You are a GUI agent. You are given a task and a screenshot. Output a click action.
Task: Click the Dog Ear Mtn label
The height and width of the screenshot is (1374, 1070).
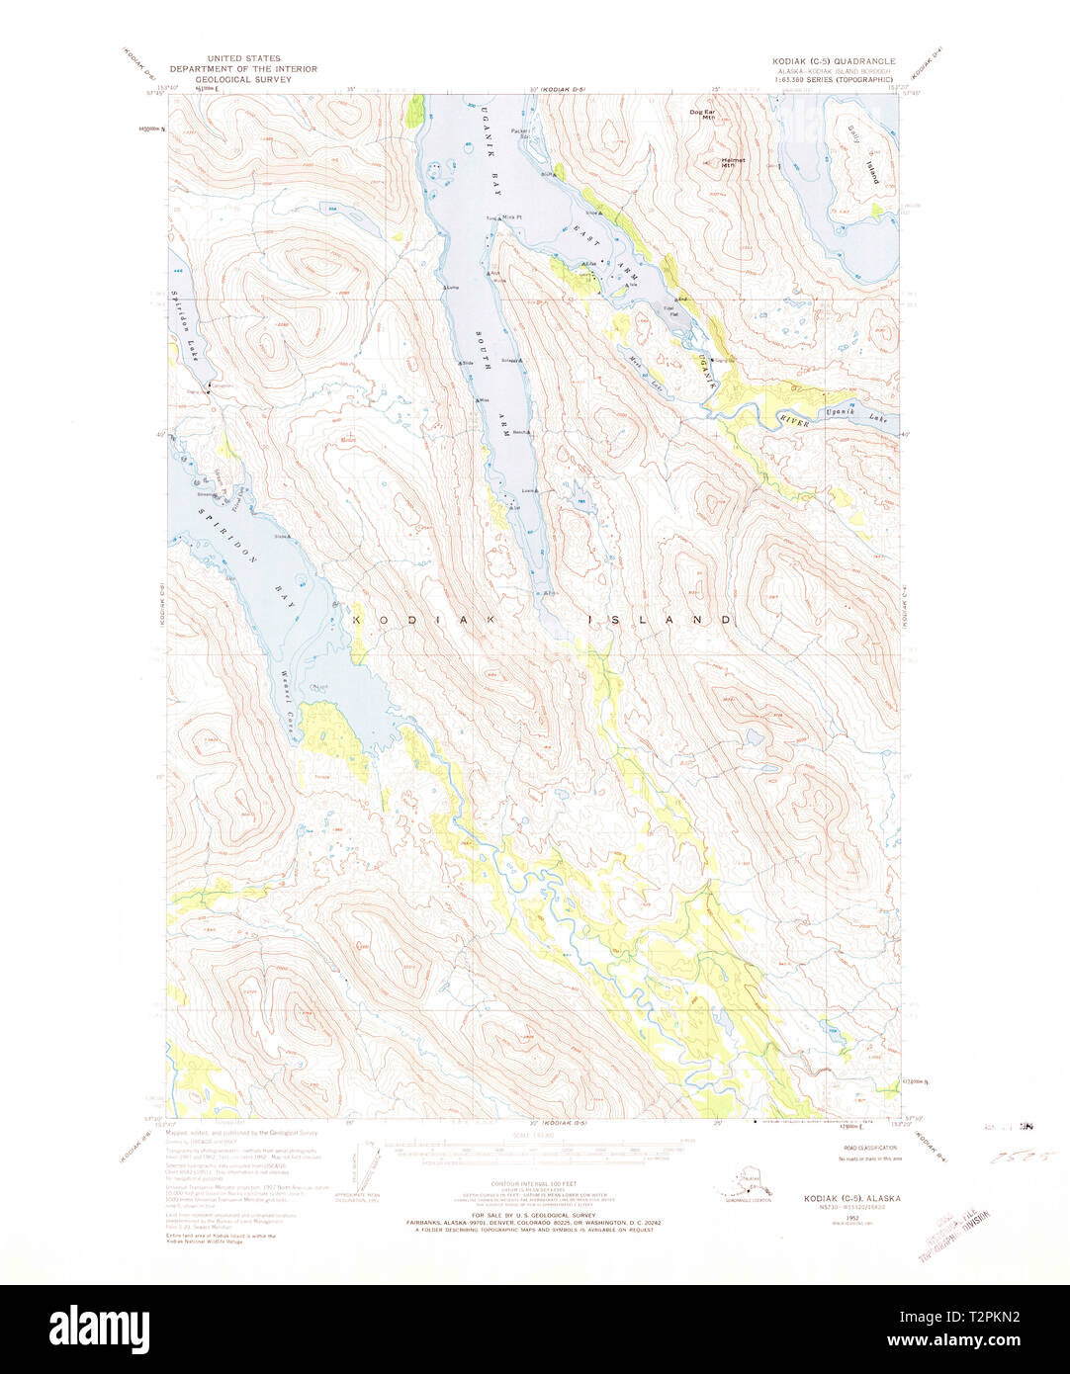tap(702, 114)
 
